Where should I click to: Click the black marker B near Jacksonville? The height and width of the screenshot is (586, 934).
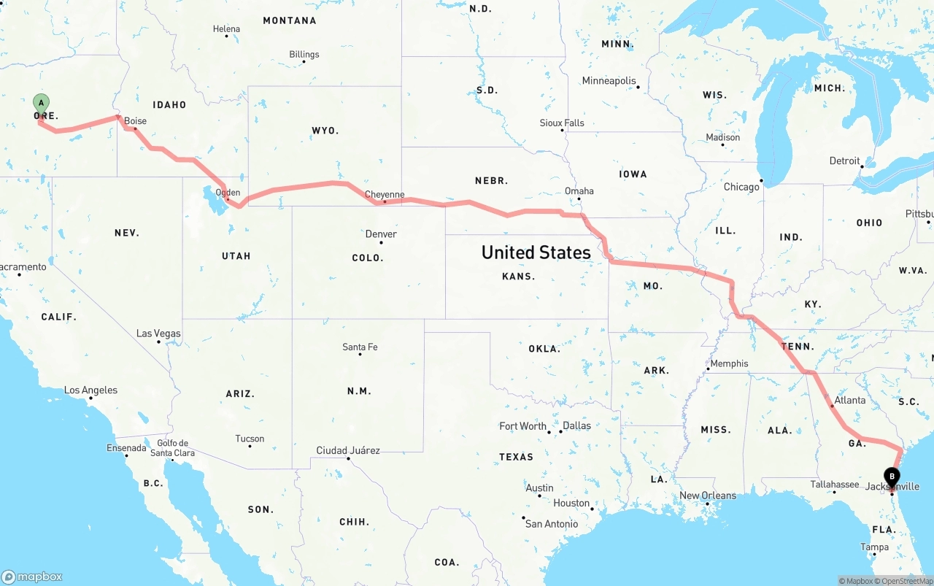[x=892, y=477]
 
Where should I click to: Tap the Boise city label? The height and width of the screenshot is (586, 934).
[x=135, y=121]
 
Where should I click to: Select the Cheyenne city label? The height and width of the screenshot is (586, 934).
[x=385, y=195]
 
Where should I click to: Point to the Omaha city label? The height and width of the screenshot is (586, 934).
[x=579, y=191]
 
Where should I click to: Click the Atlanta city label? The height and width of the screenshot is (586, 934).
[x=850, y=400]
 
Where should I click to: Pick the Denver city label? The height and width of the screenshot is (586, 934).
[x=381, y=234]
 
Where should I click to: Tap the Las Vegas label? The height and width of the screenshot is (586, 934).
[x=158, y=334]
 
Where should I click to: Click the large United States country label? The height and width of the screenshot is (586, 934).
[x=536, y=252]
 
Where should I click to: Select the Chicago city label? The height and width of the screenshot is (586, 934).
[x=741, y=187]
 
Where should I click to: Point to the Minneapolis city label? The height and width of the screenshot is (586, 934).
[x=609, y=81]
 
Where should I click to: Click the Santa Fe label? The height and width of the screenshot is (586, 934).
[x=360, y=347]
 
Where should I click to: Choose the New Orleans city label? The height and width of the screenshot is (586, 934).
[x=708, y=496]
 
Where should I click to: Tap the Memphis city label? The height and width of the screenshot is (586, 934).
[x=729, y=363]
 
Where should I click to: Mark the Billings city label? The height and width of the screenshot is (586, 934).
[x=304, y=55]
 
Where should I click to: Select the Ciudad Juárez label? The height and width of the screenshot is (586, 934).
[x=348, y=450]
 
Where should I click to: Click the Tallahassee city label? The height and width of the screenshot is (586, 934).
[x=835, y=484]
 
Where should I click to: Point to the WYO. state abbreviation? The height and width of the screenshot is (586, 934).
[x=325, y=131]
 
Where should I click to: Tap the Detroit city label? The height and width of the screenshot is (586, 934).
[x=845, y=161]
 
